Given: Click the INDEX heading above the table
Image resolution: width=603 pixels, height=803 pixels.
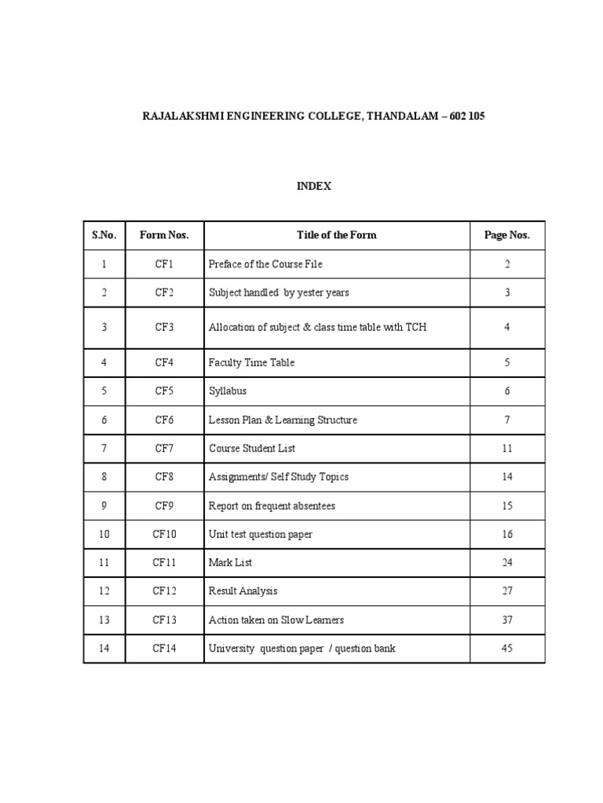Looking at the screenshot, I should pos(314,186).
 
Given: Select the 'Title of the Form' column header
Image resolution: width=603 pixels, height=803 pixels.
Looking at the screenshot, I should pos(336,235).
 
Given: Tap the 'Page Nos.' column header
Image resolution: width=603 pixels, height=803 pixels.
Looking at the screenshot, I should pos(507,235).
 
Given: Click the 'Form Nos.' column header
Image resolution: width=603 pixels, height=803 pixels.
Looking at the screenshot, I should pos(164,235).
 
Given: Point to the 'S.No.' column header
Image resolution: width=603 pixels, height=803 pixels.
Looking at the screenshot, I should pos(104,235).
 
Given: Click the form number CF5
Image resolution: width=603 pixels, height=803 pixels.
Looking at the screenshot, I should pos(164,391).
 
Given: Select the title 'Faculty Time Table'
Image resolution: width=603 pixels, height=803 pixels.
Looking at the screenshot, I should pos(251,362).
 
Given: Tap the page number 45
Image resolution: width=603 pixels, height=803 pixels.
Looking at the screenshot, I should pos(507,649).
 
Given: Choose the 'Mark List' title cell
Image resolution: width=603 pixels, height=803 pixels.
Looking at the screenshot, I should pos(230,563).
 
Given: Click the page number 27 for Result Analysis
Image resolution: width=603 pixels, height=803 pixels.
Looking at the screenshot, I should pos(507,591).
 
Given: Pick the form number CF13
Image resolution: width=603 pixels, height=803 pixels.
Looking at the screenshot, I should pos(164,620).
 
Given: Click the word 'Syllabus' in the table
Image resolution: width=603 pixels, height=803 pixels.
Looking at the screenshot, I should pos(228,391).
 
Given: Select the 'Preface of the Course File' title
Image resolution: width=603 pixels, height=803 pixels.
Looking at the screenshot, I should pos(265,264).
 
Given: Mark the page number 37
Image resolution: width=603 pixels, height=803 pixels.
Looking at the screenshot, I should pos(507,620).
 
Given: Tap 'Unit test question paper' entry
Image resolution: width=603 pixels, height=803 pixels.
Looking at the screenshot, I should pos(261,535).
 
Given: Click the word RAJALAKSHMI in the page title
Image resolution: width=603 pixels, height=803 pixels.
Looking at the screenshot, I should pos(179,116).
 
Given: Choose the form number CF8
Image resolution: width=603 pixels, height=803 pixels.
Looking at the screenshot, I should pos(164,477).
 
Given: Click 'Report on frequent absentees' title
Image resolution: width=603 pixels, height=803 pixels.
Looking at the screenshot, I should pos(272,506).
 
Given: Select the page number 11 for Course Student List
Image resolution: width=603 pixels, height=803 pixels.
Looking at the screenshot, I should pos(507,449).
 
